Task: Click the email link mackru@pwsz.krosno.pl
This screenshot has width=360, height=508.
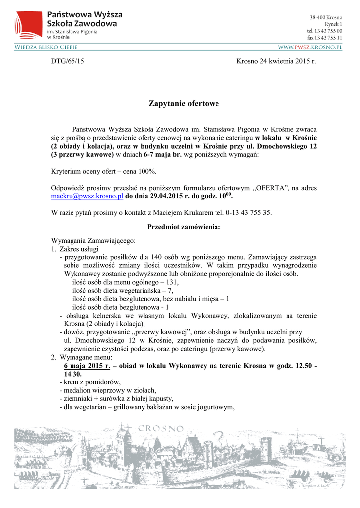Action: (87, 196)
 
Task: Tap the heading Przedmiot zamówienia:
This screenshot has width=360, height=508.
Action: (184, 227)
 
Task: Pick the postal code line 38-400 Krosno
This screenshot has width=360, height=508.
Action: (326, 17)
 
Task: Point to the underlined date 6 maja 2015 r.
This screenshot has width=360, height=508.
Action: (87, 366)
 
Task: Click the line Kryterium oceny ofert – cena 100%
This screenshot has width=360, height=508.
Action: (104, 171)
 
